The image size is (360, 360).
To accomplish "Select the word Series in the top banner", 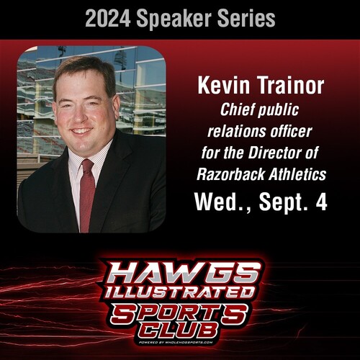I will pos(248,18).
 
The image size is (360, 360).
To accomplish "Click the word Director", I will pos(296,153).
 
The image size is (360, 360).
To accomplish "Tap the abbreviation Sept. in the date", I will pos(280,202).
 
